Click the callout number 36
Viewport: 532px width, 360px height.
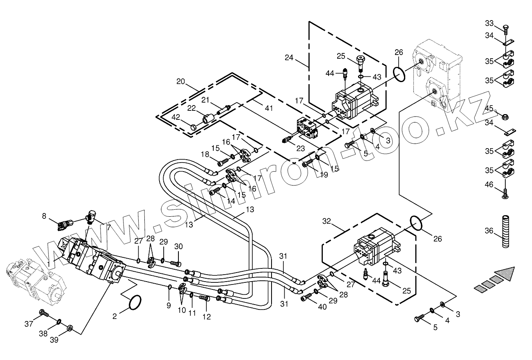click(x=489, y=231)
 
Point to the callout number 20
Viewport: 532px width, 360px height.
click(x=180, y=81)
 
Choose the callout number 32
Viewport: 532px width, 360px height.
click(x=326, y=221)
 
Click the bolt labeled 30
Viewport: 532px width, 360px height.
click(x=175, y=263)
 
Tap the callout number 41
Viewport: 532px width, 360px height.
click(x=269, y=108)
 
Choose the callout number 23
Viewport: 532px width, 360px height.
click(x=301, y=149)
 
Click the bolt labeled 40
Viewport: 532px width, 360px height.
click(x=306, y=297)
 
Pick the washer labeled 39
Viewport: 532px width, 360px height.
click(x=70, y=328)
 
